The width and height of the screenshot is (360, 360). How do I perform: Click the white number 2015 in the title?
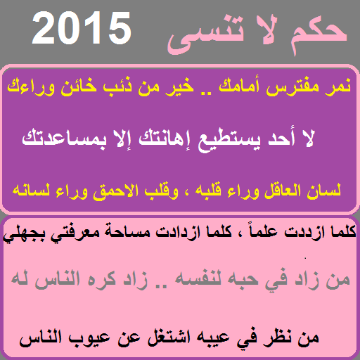click(82, 28)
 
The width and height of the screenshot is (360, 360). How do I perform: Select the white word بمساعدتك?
click(64, 139)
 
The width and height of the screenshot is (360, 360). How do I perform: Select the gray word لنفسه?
click(198, 279)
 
